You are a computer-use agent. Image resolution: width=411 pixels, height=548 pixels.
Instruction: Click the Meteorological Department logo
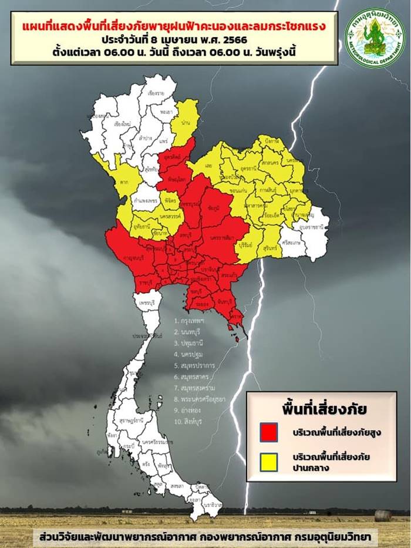tap(374, 38)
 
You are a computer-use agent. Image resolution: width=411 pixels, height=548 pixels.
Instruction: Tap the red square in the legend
tap(269, 431)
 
